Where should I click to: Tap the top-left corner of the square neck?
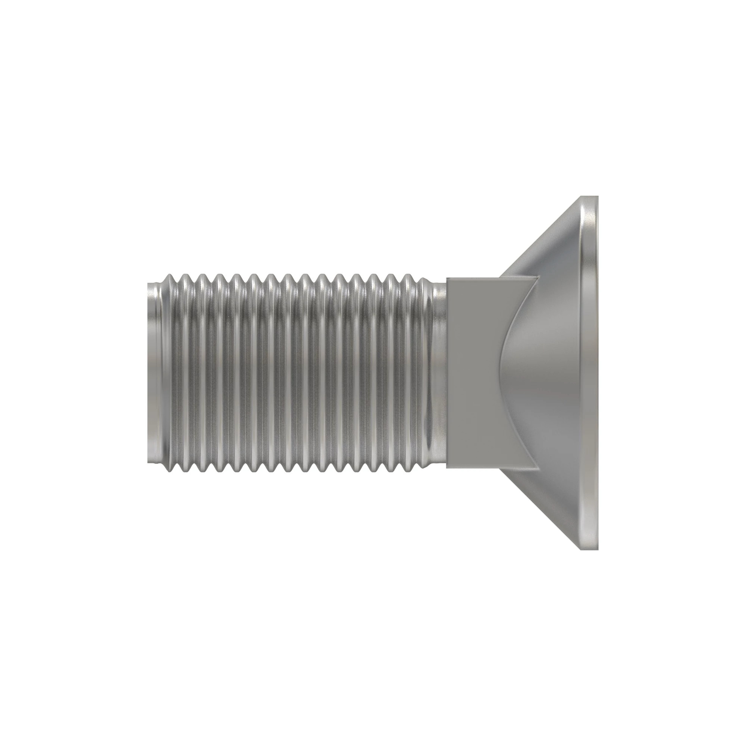pos(447,277)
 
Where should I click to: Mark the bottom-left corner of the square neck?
pos(447,468)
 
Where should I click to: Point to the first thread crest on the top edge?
pos(170,275)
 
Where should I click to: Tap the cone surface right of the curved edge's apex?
pos(540,373)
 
